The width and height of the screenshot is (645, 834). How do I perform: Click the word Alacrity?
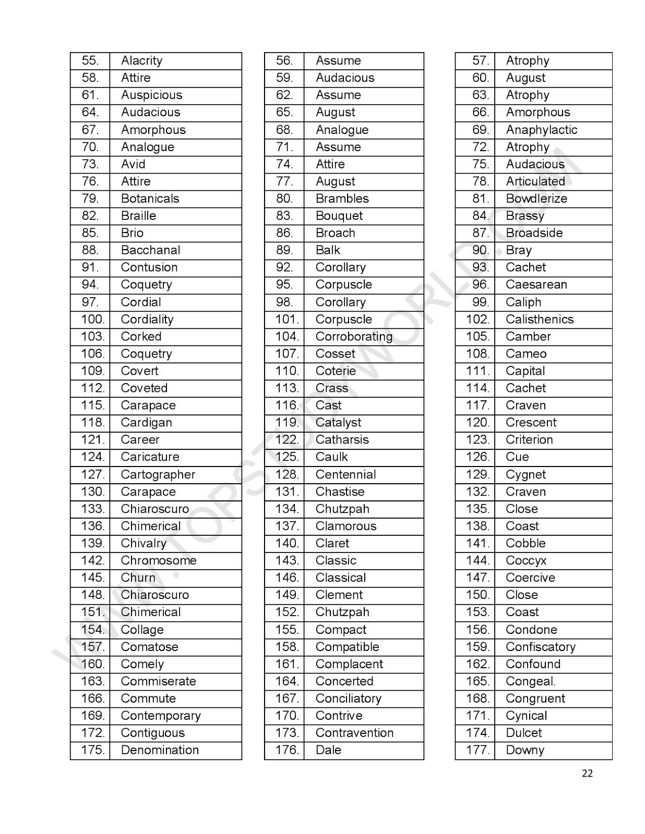pyautogui.click(x=141, y=61)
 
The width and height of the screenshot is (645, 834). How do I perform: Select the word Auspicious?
pyautogui.click(x=151, y=95)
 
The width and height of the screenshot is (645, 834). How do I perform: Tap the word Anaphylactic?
pyautogui.click(x=541, y=130)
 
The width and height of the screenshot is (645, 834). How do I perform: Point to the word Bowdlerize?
pyautogui.click(x=536, y=199)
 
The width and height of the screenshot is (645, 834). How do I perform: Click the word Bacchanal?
pyautogui.click(x=150, y=250)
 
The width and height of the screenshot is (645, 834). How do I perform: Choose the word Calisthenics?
pyautogui.click(x=539, y=320)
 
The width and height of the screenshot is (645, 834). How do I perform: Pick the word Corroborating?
pyautogui.click(x=354, y=337)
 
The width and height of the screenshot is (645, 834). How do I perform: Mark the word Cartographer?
pyautogui.click(x=158, y=474)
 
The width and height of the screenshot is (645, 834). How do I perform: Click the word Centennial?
pyautogui.click(x=345, y=474)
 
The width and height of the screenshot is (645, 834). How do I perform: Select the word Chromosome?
pyautogui.click(x=159, y=560)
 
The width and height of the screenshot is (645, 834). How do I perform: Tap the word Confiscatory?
pyautogui.click(x=540, y=647)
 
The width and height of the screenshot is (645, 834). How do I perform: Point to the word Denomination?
pyautogui.click(x=160, y=750)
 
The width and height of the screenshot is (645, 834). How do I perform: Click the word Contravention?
pyautogui.click(x=354, y=733)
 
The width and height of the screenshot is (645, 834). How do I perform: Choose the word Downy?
pyautogui.click(x=524, y=750)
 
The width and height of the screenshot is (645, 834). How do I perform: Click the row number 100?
pyautogui.click(x=93, y=320)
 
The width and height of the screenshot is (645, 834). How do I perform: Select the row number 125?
pyautogui.click(x=287, y=457)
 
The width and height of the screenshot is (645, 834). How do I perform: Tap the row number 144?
pyautogui.click(x=477, y=560)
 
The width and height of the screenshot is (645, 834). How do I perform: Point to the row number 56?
pyautogui.click(x=284, y=61)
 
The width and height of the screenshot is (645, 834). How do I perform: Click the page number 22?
pyautogui.click(x=587, y=774)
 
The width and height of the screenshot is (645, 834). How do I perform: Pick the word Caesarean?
pyautogui.click(x=536, y=285)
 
